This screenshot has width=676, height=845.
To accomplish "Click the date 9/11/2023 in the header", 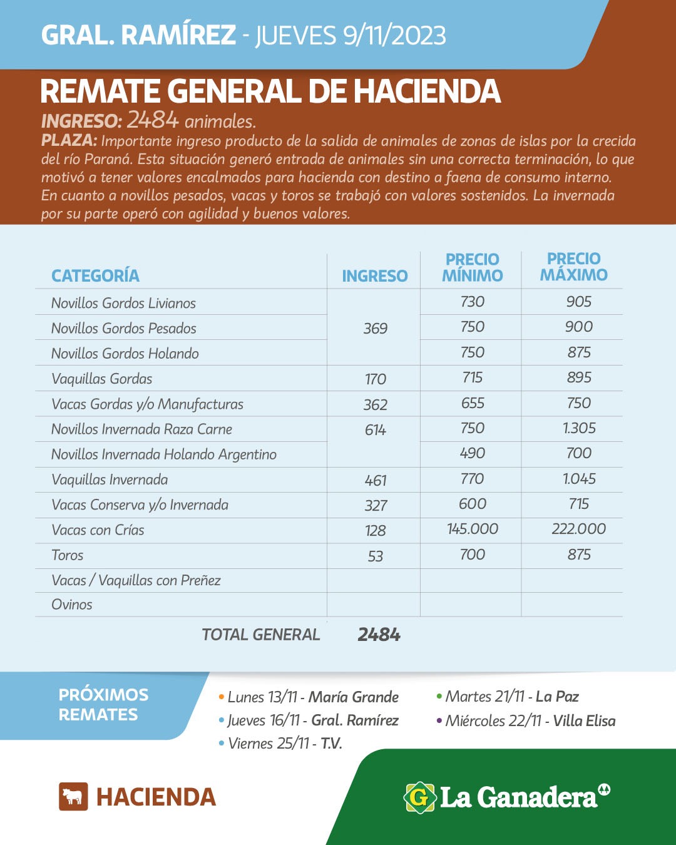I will (394, 36).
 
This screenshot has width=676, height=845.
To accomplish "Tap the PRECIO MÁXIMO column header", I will (573, 267).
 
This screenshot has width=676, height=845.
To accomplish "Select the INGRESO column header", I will (374, 276).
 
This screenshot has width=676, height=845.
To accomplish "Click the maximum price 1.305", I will (579, 428).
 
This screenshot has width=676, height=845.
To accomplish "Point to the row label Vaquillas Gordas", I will (102, 379).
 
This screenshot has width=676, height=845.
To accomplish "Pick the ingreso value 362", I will (376, 405).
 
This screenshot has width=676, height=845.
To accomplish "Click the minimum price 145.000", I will (473, 529).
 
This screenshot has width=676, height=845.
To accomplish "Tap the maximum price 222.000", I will (579, 529).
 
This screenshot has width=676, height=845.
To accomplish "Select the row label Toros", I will (68, 555).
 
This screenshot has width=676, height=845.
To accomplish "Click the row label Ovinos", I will (72, 605).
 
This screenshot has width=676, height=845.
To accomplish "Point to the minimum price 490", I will (473, 453).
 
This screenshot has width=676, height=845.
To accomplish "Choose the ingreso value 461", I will (376, 481).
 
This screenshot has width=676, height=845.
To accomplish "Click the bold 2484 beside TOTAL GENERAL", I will (379, 635).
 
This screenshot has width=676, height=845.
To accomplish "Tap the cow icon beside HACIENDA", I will (73, 797).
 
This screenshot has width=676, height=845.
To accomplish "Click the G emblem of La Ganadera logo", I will (419, 797).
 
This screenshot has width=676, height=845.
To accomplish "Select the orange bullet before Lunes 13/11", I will (222, 697).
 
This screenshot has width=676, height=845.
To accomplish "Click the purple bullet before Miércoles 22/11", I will (439, 721).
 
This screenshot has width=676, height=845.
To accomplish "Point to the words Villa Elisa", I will (584, 721).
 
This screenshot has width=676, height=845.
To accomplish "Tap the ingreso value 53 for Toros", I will (376, 556).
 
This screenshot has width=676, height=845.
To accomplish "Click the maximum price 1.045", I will (579, 479).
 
